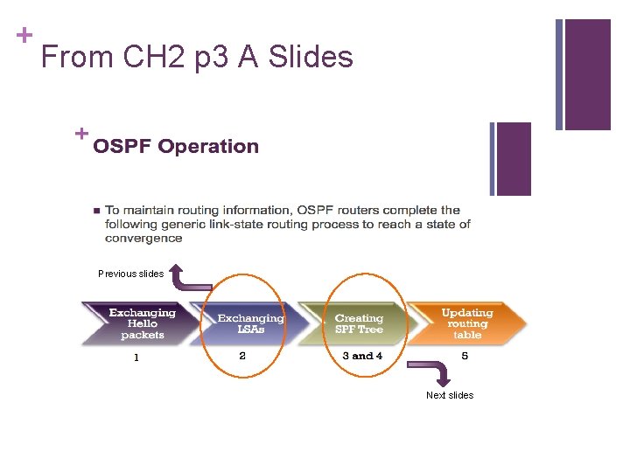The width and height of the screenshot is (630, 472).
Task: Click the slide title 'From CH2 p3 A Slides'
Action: pyautogui.click(x=197, y=58)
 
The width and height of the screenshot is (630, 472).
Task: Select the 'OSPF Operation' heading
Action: pyautogui.click(x=176, y=147)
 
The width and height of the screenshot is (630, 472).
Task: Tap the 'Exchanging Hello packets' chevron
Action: pyautogui.click(x=140, y=323)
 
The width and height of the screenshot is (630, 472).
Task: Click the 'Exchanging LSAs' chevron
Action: pyautogui.click(x=249, y=323)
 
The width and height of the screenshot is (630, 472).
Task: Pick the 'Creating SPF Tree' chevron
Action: pyautogui.click(x=359, y=323)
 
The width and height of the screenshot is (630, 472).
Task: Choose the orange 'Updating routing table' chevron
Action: pyautogui.click(x=467, y=323)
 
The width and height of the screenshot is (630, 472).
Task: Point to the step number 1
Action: pyautogui.click(x=136, y=357)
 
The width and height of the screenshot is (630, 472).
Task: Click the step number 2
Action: pyautogui.click(x=242, y=356)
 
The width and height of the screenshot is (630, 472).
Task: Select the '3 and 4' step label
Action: pyautogui.click(x=362, y=356)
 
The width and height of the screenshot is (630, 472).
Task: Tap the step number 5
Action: pyautogui.click(x=465, y=356)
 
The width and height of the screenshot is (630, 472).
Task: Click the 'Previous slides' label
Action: pyautogui.click(x=130, y=274)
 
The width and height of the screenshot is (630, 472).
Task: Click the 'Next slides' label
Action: pyautogui.click(x=450, y=395)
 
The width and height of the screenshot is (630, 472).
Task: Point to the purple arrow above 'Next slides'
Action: pyautogui.click(x=440, y=375)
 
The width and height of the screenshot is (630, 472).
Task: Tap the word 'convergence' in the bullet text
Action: pyautogui.click(x=143, y=238)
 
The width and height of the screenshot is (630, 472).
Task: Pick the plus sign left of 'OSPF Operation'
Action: pyautogui.click(x=81, y=134)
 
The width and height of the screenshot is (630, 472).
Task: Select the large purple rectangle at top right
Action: pyautogui.click(x=588, y=74)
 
